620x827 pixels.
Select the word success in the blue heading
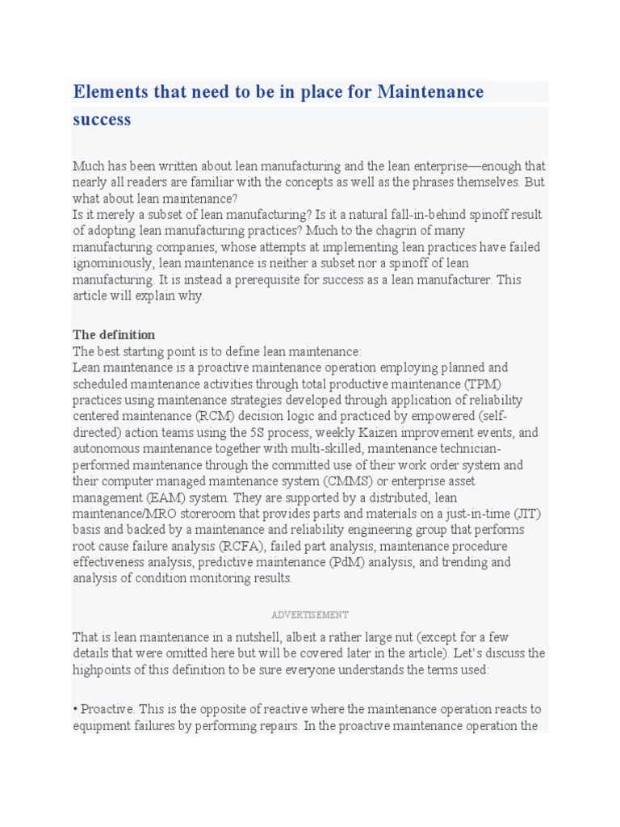click(102, 120)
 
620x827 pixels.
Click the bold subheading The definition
click(114, 334)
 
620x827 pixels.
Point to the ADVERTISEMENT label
click(310, 615)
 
